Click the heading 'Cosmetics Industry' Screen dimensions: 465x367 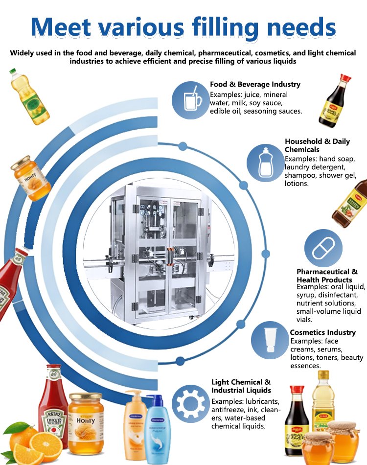[x=322, y=332]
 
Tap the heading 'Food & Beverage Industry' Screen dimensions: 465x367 [x=255, y=84]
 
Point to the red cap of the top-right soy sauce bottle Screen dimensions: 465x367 [x=345, y=78]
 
